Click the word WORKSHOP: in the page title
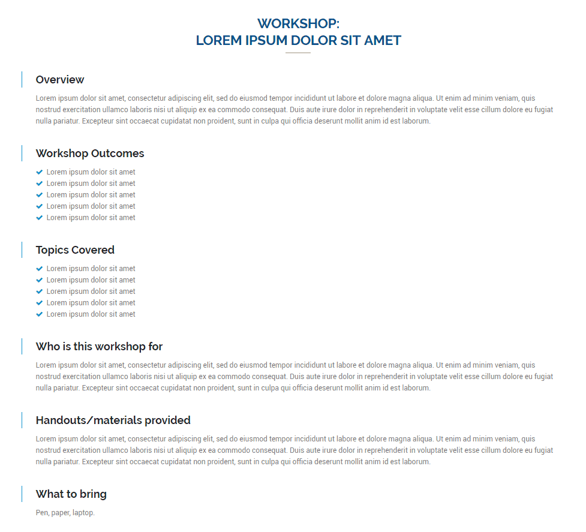[298, 24]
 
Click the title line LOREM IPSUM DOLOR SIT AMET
[298, 41]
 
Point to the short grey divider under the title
[298, 53]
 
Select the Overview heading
[60, 80]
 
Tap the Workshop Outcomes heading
[90, 154]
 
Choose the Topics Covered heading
[75, 250]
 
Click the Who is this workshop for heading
[99, 347]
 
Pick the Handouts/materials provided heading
[113, 420]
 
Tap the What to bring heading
[71, 494]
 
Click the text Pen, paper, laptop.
[65, 513]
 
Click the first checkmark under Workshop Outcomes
[40, 172]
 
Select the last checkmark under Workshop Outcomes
[40, 218]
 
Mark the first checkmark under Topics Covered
[40, 269]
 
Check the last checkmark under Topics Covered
[40, 314]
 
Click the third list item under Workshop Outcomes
[91, 195]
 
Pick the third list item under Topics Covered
[91, 291]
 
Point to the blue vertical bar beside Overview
[22, 79]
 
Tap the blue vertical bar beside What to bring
[22, 494]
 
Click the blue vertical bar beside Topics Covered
[22, 250]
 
